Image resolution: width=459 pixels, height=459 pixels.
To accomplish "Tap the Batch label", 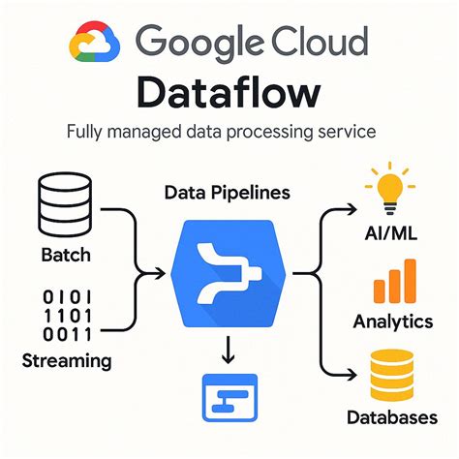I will coord(66,257).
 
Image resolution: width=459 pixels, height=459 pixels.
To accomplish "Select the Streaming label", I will coord(66,361).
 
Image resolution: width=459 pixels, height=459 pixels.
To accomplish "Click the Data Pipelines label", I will coord(229,194).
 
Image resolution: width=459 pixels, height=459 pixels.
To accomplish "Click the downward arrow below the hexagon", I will coord(229,350).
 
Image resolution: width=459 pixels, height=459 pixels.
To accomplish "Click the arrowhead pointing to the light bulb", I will coord(350,207).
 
